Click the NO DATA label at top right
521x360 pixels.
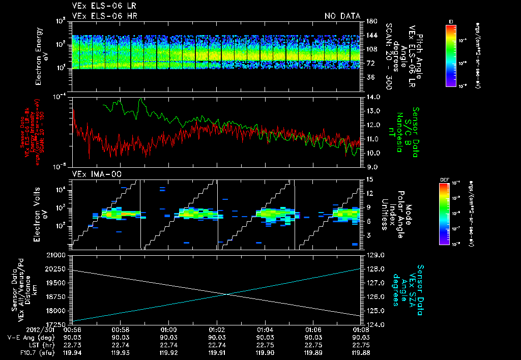point(342,16)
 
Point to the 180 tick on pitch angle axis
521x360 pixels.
point(370,21)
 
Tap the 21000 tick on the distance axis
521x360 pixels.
point(57,254)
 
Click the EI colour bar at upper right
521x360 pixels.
point(451,55)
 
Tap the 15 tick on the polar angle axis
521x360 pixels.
point(370,179)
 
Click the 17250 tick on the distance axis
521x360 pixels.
point(57,324)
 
